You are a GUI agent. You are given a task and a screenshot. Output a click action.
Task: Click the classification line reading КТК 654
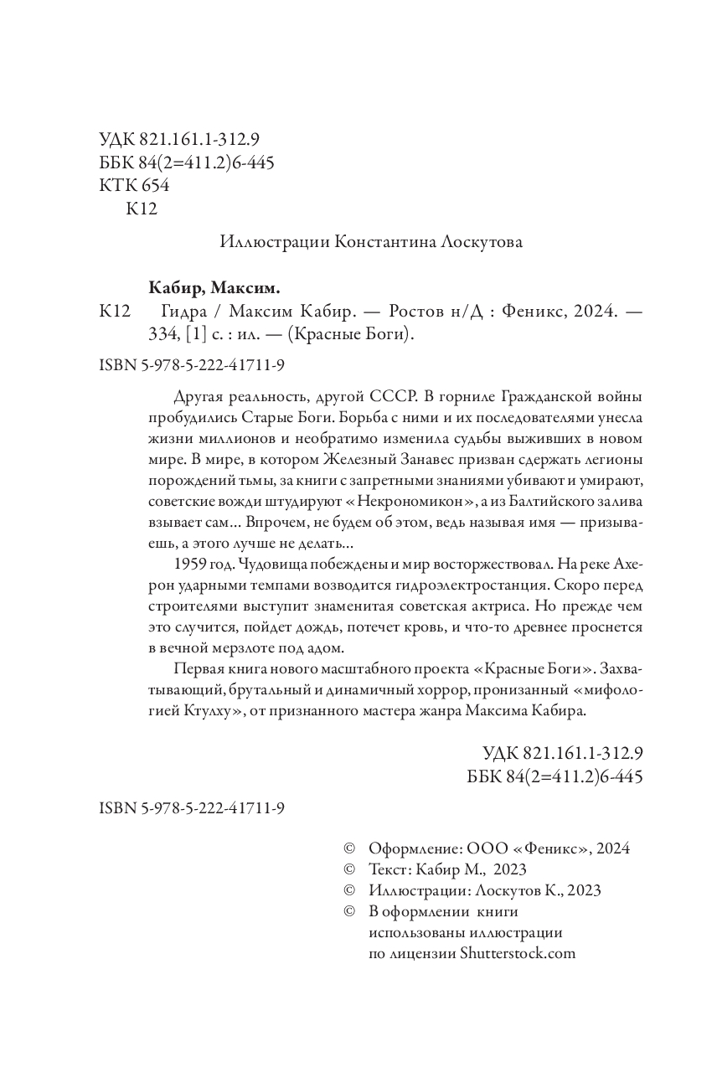pyautogui.click(x=133, y=185)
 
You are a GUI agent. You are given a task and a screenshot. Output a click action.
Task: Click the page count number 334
pyautogui.click(x=162, y=335)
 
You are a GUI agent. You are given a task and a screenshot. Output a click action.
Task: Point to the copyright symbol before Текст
pyautogui.click(x=350, y=869)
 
